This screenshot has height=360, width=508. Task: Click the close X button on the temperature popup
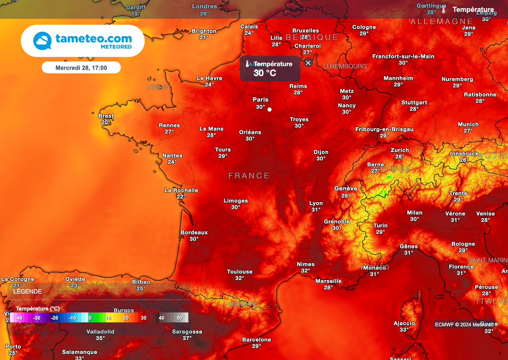click(x=308, y=63)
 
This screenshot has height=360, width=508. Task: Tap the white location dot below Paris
click(x=269, y=109)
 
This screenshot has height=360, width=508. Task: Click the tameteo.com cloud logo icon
click(x=42, y=41)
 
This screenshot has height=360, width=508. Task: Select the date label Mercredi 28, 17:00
click(x=81, y=68)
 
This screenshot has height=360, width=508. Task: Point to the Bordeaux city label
click(x=194, y=232)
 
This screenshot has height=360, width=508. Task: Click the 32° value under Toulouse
click(x=240, y=278)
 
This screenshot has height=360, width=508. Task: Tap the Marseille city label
click(x=328, y=281)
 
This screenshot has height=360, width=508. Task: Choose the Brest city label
click(x=106, y=116)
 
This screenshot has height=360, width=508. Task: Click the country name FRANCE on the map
click(x=249, y=176)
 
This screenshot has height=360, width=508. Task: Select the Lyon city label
click(x=316, y=203)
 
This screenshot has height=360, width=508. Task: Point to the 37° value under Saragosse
click(x=187, y=338)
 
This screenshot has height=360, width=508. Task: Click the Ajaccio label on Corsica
click(x=404, y=323)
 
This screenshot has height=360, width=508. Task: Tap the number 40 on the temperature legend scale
click(x=161, y=318)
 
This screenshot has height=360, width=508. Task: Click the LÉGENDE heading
click(x=28, y=291)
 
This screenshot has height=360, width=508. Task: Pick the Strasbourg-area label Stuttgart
click(x=414, y=103)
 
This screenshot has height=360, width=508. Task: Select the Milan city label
click(x=415, y=213)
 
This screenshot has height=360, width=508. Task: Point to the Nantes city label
click(x=172, y=155)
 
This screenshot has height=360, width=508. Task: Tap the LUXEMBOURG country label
click(x=345, y=66)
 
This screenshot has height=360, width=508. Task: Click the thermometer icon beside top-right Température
click(x=444, y=9)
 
